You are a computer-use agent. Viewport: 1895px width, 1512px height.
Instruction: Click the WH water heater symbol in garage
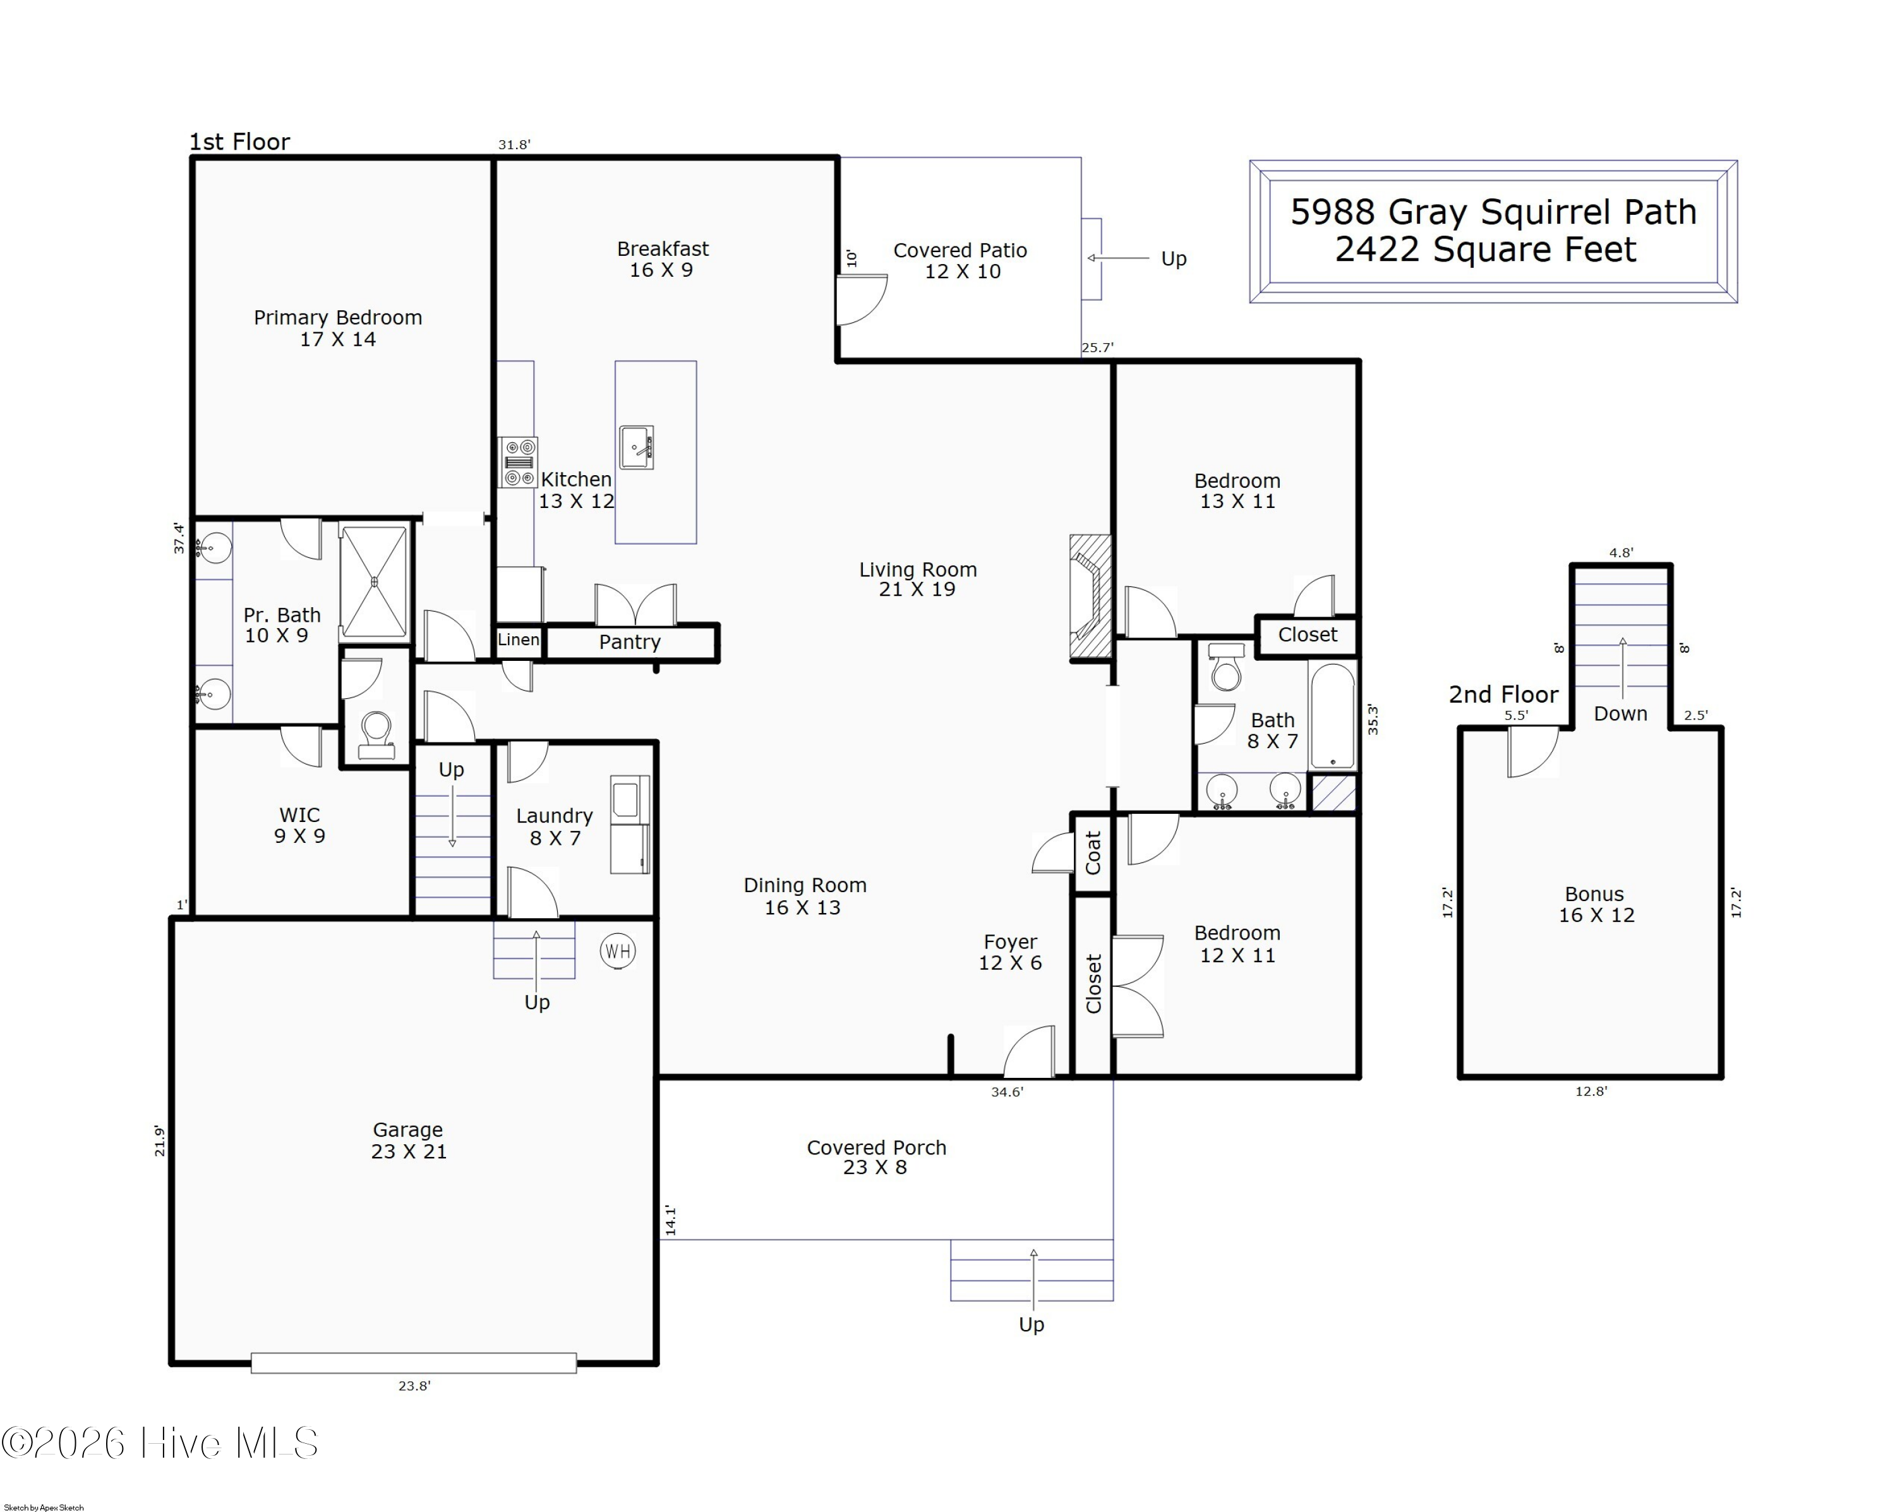(617, 951)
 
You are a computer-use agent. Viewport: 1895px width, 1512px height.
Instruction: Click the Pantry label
(629, 643)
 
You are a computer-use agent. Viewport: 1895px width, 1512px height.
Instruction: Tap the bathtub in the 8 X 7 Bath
(1332, 717)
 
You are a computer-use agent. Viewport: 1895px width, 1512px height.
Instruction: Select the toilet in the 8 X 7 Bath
(1226, 667)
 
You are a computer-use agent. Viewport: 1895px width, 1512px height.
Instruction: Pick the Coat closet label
(1093, 853)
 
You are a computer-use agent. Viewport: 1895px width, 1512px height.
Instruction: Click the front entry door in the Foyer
(1030, 1054)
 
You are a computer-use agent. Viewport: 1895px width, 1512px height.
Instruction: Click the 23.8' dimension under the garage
(414, 1386)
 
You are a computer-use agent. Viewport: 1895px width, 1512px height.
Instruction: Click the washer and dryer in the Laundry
(629, 825)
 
